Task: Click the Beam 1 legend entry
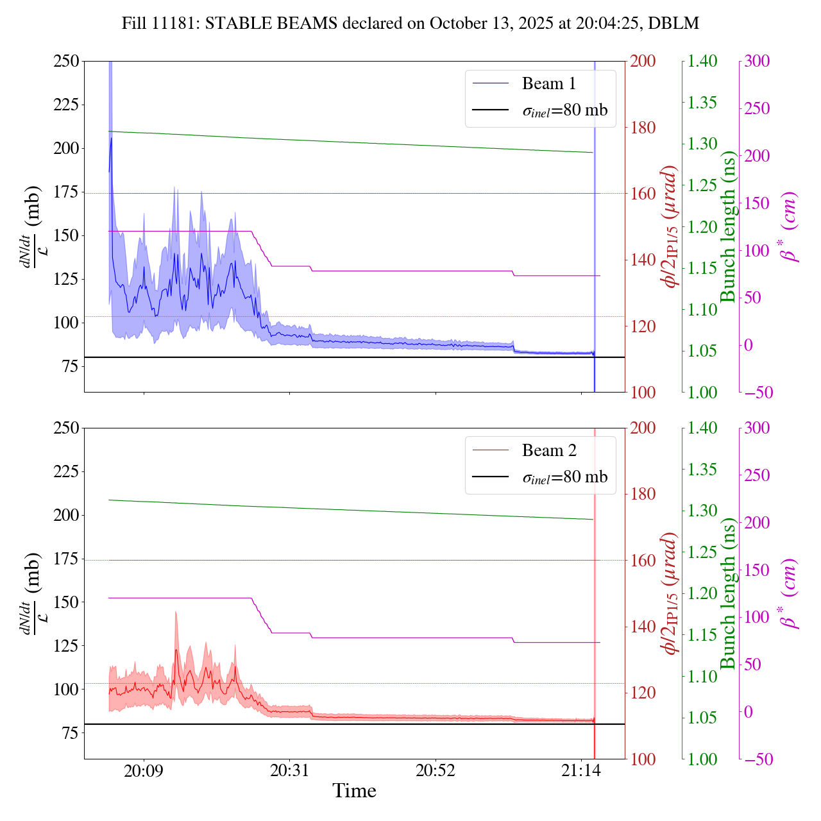coord(548,84)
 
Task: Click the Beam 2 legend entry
coord(548,451)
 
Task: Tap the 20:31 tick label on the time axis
coord(289,770)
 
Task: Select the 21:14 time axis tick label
coord(581,770)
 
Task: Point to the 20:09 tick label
coord(144,770)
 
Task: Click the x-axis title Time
coord(354,791)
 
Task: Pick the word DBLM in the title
coord(673,24)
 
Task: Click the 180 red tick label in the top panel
coord(643,128)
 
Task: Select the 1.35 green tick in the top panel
coord(703,103)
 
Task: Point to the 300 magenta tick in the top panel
coord(758,62)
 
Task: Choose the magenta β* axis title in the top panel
coord(790,226)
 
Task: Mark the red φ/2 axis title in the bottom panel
coord(670,593)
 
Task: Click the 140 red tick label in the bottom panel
coord(643,627)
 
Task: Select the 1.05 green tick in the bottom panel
coord(703,718)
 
